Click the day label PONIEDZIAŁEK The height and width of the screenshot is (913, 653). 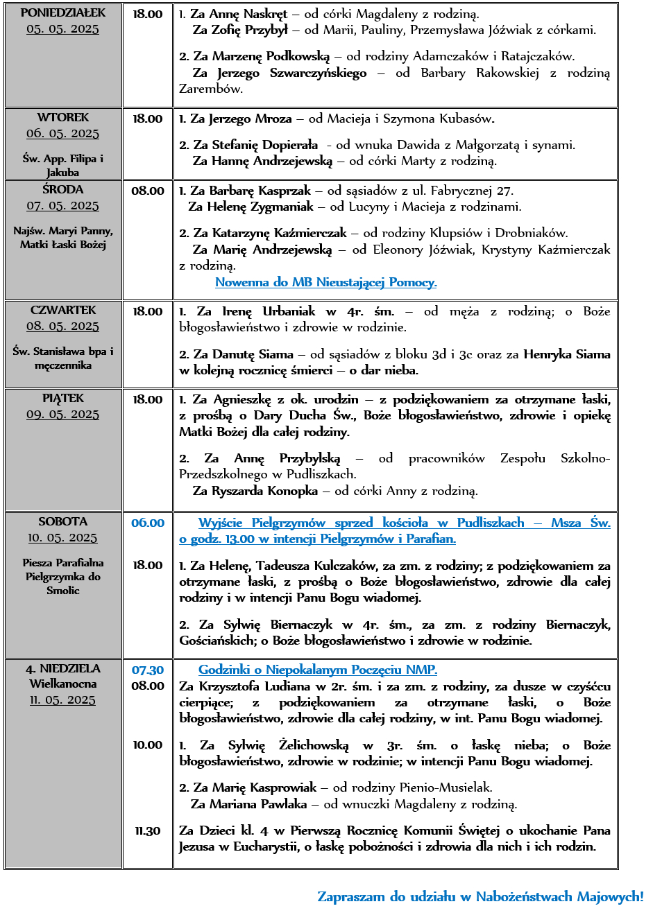(x=63, y=12)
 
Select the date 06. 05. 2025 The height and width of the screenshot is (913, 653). (x=63, y=133)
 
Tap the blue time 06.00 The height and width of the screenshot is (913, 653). (x=148, y=523)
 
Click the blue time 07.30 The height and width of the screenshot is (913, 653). (x=148, y=670)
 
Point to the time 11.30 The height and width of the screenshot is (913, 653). (x=148, y=831)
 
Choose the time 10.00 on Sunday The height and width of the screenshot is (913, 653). (x=148, y=745)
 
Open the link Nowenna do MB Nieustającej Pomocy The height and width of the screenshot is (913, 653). (x=325, y=282)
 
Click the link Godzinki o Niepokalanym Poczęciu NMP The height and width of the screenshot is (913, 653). (x=318, y=670)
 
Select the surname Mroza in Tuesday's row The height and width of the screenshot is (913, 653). (x=273, y=119)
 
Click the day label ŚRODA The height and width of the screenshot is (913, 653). (x=63, y=189)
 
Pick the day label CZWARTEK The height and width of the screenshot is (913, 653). (x=63, y=310)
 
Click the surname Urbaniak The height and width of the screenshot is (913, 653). (x=289, y=311)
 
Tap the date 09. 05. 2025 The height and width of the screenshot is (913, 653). (x=63, y=414)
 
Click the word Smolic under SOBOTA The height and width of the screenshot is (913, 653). (x=63, y=591)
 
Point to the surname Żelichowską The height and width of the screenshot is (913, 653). (x=314, y=745)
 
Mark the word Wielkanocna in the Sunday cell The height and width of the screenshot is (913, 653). (x=63, y=684)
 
